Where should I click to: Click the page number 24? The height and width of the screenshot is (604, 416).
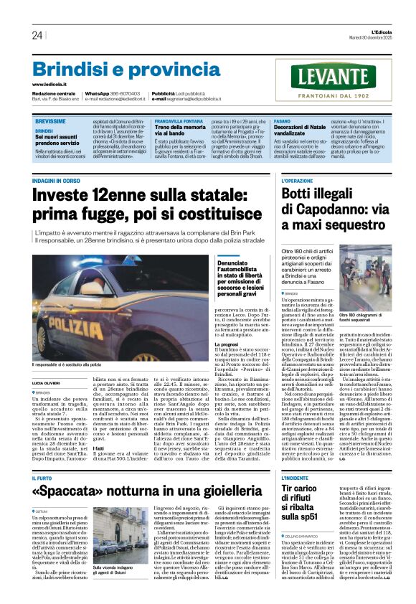click(x=37, y=35)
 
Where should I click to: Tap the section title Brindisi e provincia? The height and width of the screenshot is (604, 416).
click(x=116, y=69)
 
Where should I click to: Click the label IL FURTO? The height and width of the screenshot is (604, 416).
click(x=42, y=477)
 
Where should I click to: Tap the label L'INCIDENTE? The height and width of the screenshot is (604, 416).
click(x=275, y=477)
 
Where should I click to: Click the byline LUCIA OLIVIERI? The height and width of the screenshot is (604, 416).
click(x=46, y=384)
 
